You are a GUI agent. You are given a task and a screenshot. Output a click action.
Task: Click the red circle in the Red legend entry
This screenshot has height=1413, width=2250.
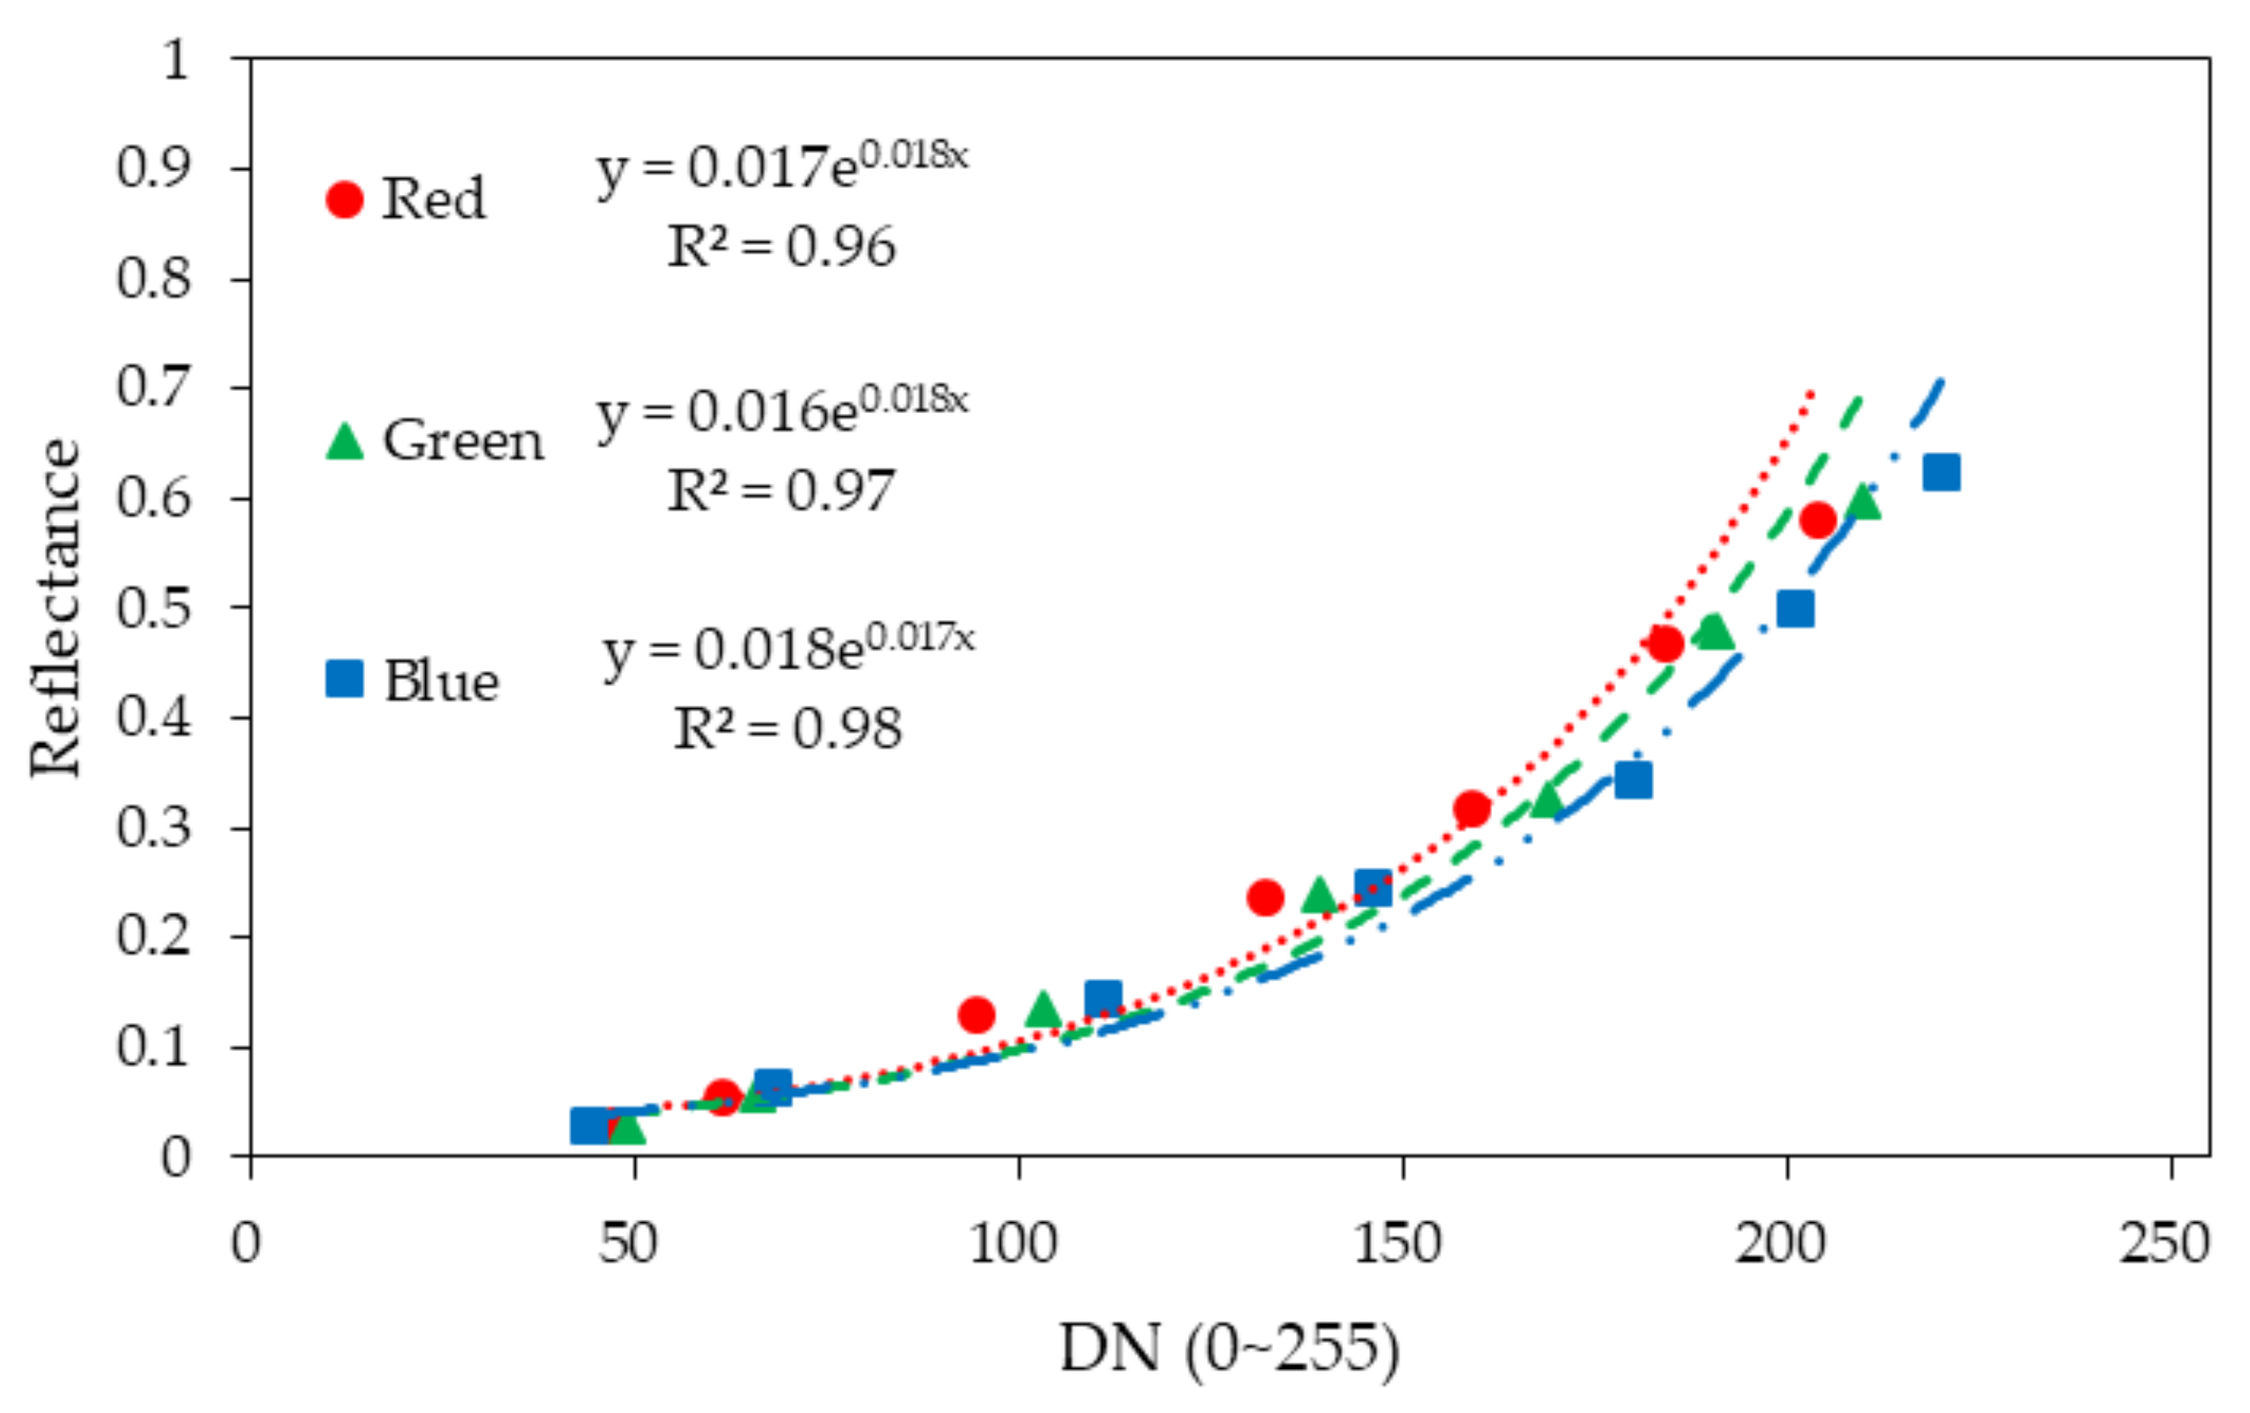click(x=344, y=200)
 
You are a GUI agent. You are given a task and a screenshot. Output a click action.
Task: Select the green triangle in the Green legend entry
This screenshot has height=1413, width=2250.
click(x=344, y=442)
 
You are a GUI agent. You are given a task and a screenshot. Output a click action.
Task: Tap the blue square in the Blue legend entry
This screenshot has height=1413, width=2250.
click(x=344, y=679)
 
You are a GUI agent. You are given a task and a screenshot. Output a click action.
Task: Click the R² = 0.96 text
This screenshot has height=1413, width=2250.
click(x=781, y=248)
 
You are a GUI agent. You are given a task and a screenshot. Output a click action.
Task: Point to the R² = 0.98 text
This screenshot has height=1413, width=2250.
click(x=788, y=729)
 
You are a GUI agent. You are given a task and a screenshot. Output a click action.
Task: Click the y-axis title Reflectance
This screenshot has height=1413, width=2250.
click(x=54, y=607)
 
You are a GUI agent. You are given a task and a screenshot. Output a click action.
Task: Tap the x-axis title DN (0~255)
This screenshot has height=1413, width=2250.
click(x=1230, y=1349)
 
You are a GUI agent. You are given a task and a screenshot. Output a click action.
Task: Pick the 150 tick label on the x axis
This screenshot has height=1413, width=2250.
click(x=1398, y=1244)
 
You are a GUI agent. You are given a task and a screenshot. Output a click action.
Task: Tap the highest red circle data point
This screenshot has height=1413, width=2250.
click(x=1817, y=519)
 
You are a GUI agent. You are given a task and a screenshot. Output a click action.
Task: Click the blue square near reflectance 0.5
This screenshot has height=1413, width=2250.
click(x=1795, y=609)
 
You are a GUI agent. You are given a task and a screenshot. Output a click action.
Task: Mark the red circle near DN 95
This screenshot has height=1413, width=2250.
click(x=976, y=1014)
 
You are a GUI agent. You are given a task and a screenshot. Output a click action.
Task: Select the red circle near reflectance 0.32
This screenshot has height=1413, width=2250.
click(x=1472, y=807)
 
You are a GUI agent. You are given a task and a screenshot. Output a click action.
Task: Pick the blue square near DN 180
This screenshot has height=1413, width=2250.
click(x=1633, y=779)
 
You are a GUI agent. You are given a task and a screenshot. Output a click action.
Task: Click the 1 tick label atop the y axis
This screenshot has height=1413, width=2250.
click(x=175, y=59)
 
